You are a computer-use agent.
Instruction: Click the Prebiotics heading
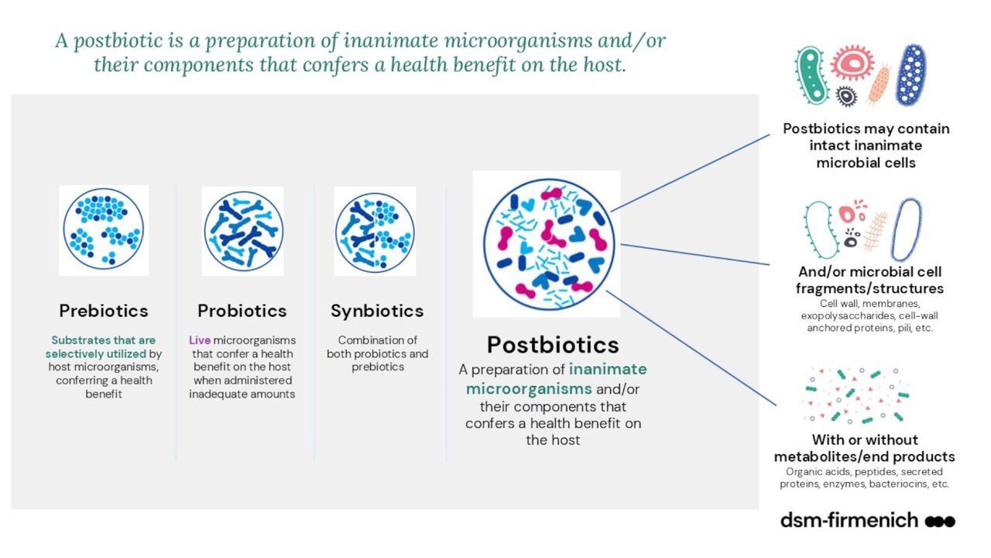[x=104, y=311]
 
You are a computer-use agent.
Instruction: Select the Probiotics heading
[x=242, y=311]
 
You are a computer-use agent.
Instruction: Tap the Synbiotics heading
[x=377, y=311]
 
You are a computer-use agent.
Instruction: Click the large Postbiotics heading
[x=553, y=345]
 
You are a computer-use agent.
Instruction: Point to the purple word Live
[x=200, y=340]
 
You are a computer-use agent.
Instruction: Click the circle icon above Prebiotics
[x=104, y=229]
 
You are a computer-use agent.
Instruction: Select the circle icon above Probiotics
[x=243, y=231]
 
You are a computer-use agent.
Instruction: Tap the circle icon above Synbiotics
[x=375, y=232]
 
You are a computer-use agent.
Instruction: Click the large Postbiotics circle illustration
[x=549, y=244]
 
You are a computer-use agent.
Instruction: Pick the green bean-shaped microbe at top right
[x=812, y=75]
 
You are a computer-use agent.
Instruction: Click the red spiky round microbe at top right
[x=852, y=63]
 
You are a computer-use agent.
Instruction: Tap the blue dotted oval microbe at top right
[x=910, y=75]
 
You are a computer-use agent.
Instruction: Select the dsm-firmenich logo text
[x=849, y=520]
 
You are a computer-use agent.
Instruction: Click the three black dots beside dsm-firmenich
[x=940, y=522]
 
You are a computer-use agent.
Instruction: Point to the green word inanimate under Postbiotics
[x=608, y=369]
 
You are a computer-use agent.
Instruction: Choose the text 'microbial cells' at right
[x=866, y=163]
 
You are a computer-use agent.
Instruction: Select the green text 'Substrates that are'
[x=104, y=340]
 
